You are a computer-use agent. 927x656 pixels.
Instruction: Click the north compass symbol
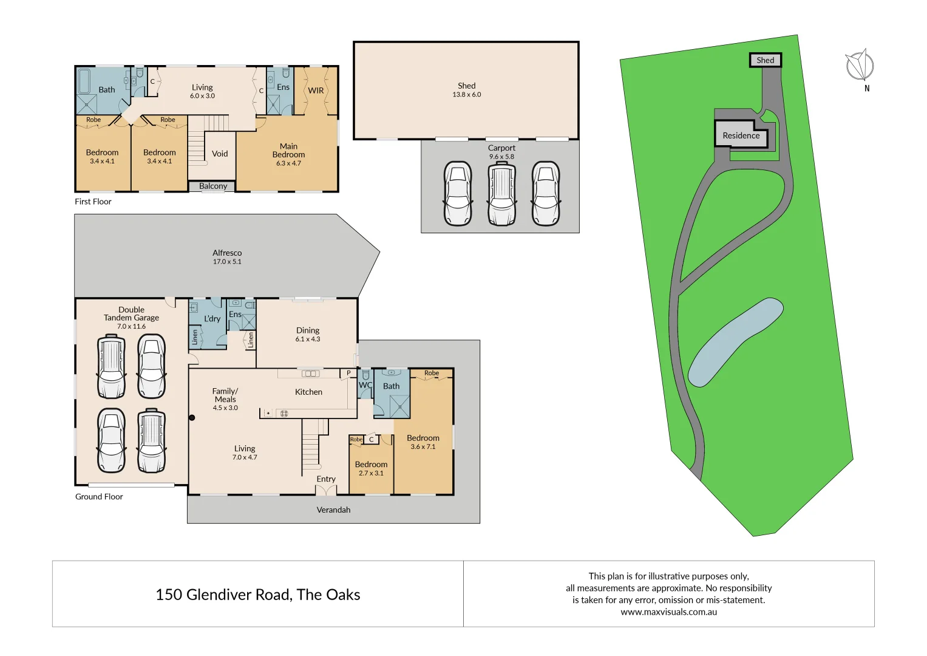click(860, 66)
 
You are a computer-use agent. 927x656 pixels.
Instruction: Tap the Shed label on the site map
click(765, 60)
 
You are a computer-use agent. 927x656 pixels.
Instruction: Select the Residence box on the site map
click(741, 135)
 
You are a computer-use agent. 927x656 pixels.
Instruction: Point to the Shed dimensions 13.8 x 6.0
click(466, 95)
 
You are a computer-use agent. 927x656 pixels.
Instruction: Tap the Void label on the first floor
click(220, 154)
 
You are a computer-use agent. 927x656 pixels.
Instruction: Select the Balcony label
click(213, 186)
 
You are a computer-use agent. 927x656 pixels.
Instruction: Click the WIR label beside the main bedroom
click(316, 91)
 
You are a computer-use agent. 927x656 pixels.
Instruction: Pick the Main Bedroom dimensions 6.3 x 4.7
click(288, 163)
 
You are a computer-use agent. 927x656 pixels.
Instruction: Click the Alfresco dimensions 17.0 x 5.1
click(227, 262)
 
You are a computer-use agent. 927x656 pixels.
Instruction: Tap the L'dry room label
click(212, 319)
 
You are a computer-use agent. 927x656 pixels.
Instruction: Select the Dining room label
click(308, 330)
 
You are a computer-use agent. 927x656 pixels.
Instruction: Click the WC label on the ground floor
click(365, 385)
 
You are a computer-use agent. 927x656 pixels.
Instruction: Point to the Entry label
click(326, 479)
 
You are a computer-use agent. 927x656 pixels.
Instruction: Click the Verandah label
click(333, 510)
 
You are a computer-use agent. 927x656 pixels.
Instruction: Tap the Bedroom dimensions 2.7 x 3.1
click(371, 473)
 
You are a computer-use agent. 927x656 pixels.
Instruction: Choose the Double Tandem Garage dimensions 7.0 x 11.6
click(131, 327)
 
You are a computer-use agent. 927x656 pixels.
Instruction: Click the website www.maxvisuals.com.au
click(668, 612)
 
